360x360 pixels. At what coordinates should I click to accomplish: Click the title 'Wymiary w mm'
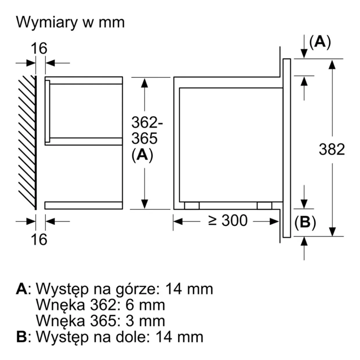point(70,23)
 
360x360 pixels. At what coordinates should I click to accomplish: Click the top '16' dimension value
point(39,48)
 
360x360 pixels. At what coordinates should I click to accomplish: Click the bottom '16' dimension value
point(39,239)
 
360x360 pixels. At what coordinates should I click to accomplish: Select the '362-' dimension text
point(147,123)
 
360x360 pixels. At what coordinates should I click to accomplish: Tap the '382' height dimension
point(332,149)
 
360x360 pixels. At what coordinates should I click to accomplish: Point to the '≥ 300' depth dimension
point(228,221)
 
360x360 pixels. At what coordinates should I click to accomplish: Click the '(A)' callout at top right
point(320,42)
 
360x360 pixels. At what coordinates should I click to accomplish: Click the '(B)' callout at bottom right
point(305,223)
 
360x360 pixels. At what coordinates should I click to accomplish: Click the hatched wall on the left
point(27,142)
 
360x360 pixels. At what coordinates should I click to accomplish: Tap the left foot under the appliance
point(192,206)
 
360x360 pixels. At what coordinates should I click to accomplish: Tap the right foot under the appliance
point(264,206)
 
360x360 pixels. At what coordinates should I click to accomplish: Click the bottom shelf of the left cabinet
point(84,205)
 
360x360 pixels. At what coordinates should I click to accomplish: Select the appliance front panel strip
point(287,148)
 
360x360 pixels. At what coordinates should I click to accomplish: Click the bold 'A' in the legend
point(21,289)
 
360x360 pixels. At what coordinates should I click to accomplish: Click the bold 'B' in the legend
point(21,337)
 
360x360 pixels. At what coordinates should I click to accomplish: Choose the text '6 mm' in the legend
point(145,305)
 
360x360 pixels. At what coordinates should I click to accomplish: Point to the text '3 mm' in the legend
point(145,321)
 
